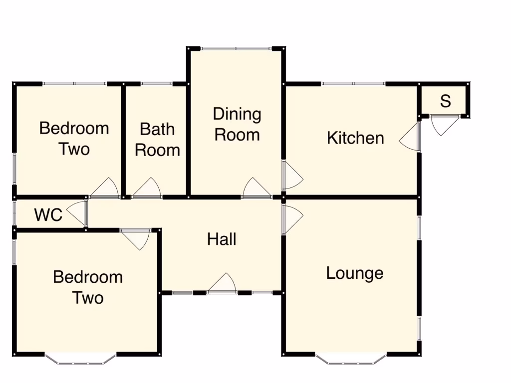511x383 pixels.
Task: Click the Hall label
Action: point(222,239)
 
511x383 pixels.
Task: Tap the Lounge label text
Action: point(354,273)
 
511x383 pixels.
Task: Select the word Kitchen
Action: point(355,138)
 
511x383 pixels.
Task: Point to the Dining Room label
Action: point(237,124)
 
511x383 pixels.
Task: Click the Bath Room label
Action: point(157,139)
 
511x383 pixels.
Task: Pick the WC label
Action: point(48,215)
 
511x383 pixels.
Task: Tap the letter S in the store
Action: point(445,101)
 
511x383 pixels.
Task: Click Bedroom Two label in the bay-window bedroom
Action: point(88,287)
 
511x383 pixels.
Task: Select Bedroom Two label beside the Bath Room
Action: point(74,138)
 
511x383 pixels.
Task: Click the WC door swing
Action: point(76,214)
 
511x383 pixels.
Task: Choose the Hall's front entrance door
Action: point(222,284)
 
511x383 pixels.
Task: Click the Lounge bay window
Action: point(351,360)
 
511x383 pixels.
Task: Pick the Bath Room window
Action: point(157,84)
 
